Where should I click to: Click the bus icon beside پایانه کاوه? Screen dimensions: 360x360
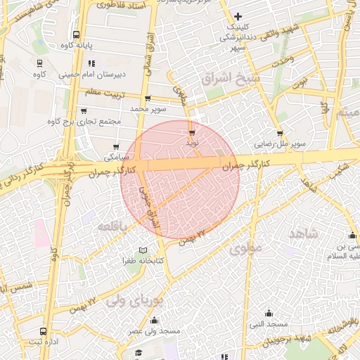coord(76,34)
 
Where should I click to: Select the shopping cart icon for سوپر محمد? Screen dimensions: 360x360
coord(146,98)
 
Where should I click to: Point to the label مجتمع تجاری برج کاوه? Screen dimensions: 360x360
coord(84,122)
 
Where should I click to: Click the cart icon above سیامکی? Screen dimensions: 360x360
coord(115,146)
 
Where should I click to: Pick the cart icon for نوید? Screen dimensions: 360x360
coord(191,131)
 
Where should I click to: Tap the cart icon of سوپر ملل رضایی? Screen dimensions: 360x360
coord(280,133)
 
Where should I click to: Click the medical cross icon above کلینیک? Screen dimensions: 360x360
coord(238,16)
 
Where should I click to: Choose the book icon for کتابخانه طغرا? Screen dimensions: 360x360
coord(144,250)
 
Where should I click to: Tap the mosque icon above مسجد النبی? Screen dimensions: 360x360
coord(269,314)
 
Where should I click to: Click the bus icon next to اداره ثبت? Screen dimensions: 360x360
coord(44,331)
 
